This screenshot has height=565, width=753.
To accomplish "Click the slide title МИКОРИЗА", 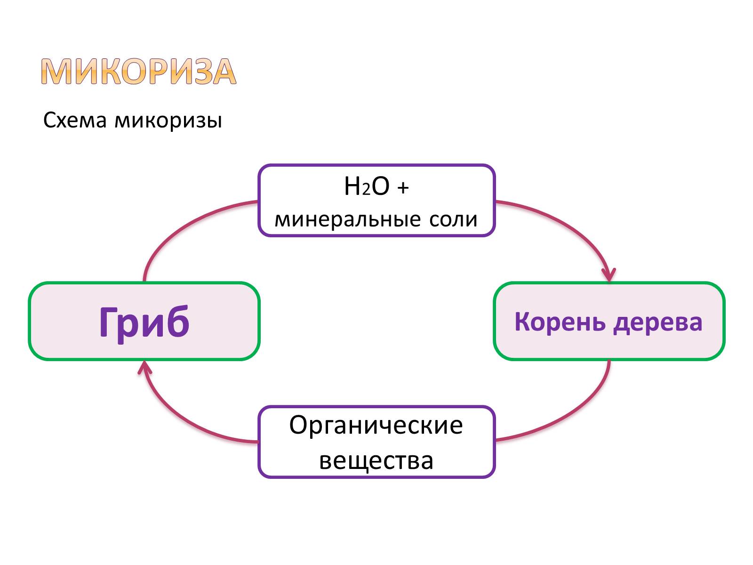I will (x=138, y=72).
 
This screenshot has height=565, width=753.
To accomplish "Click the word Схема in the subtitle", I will (x=75, y=121).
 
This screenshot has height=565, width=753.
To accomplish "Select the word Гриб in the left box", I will (x=144, y=322).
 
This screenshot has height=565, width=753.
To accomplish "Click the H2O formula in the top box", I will (x=367, y=186).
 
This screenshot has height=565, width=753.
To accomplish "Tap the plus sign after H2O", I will (x=403, y=187).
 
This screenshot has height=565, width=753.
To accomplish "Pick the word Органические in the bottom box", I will (x=376, y=425).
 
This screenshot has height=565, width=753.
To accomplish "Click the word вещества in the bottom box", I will (x=376, y=460).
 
